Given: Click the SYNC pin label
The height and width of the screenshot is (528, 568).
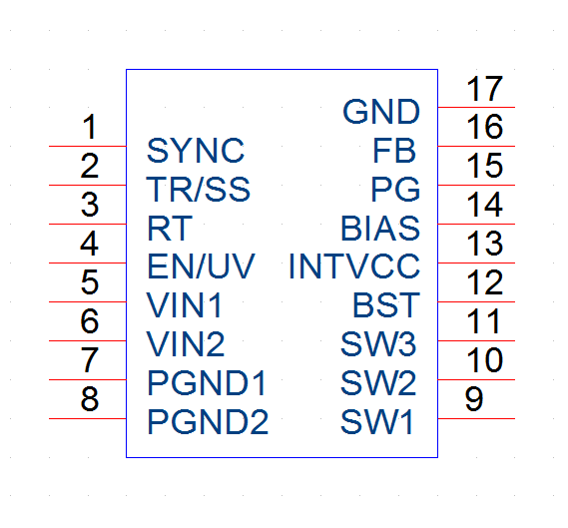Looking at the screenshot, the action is pyautogui.click(x=196, y=151).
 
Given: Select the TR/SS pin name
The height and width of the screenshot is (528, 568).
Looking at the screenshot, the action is pyautogui.click(x=198, y=189).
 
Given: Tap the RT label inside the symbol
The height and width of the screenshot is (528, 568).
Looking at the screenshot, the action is pyautogui.click(x=170, y=229).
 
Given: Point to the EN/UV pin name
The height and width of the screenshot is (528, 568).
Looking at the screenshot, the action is pyautogui.click(x=201, y=266).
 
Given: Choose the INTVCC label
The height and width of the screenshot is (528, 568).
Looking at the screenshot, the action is pyautogui.click(x=354, y=266).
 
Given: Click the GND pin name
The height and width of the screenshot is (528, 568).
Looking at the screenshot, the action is pyautogui.click(x=381, y=112).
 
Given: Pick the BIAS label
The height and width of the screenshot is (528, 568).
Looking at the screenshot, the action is pyautogui.click(x=380, y=229).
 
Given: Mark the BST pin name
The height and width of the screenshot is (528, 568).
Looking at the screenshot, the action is pyautogui.click(x=386, y=305).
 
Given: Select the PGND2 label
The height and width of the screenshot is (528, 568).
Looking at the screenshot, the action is pyautogui.click(x=208, y=422).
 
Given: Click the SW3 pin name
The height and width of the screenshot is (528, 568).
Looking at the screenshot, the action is pyautogui.click(x=378, y=344).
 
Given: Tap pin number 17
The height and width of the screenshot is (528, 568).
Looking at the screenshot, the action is pyautogui.click(x=485, y=89).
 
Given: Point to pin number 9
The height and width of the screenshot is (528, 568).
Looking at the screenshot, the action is pyautogui.click(x=474, y=398).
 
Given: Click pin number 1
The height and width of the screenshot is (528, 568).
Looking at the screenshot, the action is pyautogui.click(x=90, y=127).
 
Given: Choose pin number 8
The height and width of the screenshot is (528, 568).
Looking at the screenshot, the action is pyautogui.click(x=90, y=398).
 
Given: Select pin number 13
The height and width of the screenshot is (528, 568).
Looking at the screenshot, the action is pyautogui.click(x=485, y=244).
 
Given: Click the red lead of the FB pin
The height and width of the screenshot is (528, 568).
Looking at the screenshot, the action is pyautogui.click(x=476, y=146).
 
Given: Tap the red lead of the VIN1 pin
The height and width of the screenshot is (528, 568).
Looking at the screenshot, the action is pyautogui.click(x=87, y=301).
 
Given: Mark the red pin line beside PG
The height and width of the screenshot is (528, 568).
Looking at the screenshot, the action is pyautogui.click(x=476, y=185).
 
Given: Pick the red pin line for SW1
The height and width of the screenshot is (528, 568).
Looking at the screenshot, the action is pyautogui.click(x=476, y=418).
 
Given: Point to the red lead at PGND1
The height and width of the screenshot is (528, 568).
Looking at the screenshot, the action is pyautogui.click(x=87, y=379).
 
